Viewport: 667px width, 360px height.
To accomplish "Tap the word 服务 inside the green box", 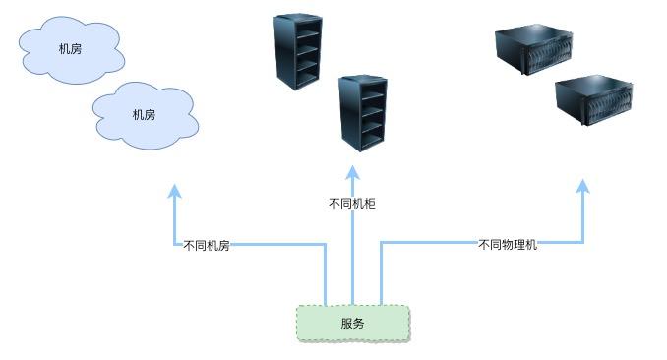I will click(x=352, y=324).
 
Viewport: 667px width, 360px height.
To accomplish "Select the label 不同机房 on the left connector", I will click(x=206, y=246).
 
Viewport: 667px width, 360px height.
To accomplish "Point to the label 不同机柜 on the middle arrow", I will click(x=351, y=204).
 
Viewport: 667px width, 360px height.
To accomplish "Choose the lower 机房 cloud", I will click(x=145, y=114).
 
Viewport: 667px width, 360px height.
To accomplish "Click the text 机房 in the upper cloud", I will click(x=70, y=48).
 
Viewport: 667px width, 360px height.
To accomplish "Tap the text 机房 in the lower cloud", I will click(x=144, y=115).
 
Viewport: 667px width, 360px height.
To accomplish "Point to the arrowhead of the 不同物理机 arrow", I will click(x=583, y=186).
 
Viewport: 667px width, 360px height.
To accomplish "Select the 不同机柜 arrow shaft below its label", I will click(x=352, y=256).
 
